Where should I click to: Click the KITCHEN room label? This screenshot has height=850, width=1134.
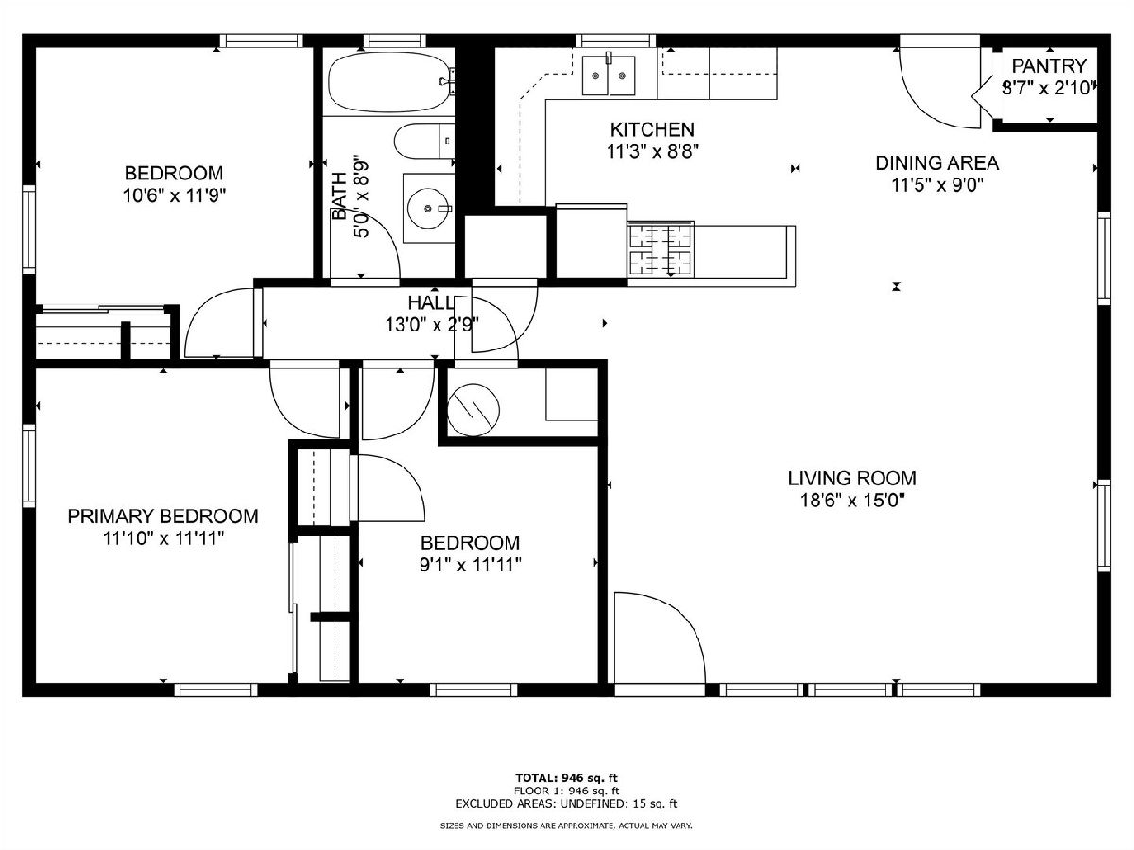coord(652,129)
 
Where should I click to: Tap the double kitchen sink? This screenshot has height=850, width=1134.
coord(609,76)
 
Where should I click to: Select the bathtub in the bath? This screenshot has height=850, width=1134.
coord(390,82)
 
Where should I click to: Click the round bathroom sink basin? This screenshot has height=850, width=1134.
coord(428,209)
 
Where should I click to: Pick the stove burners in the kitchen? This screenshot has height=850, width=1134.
coord(661,249)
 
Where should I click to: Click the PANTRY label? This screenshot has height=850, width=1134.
coord(1049,66)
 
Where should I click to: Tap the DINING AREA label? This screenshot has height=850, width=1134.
coord(936,163)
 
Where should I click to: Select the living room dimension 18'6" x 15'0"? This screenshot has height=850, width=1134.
coord(852,501)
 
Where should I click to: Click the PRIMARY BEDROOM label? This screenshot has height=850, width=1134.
coord(163,516)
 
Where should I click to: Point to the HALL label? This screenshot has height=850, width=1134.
coord(431,302)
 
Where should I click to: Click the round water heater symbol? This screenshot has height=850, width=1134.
coord(473,410)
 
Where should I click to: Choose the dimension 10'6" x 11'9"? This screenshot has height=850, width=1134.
coord(175,195)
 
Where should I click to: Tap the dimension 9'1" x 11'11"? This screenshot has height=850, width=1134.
coord(470,565)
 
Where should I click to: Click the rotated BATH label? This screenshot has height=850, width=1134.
coord(339,196)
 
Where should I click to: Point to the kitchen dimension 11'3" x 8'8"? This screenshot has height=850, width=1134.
coord(653,152)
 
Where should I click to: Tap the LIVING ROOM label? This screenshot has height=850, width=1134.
coord(852,479)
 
